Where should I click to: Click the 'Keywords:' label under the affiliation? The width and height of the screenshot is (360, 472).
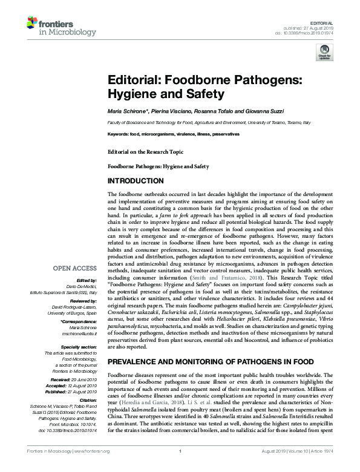[118, 133]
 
